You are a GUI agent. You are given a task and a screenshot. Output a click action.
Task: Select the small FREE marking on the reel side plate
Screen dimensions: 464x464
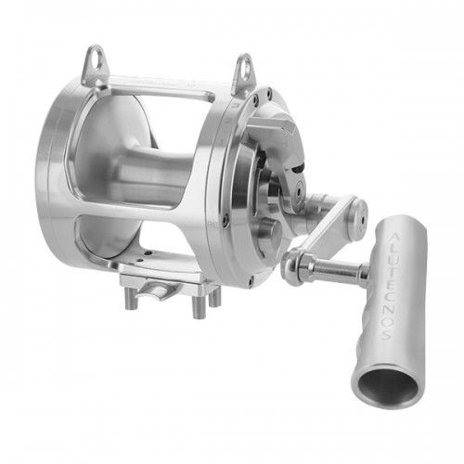tap(213, 226)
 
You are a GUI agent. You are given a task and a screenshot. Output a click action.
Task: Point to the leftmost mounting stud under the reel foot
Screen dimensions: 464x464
tap(131, 298)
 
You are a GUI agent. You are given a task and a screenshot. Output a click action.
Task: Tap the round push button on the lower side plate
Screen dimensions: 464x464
tap(270, 233)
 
